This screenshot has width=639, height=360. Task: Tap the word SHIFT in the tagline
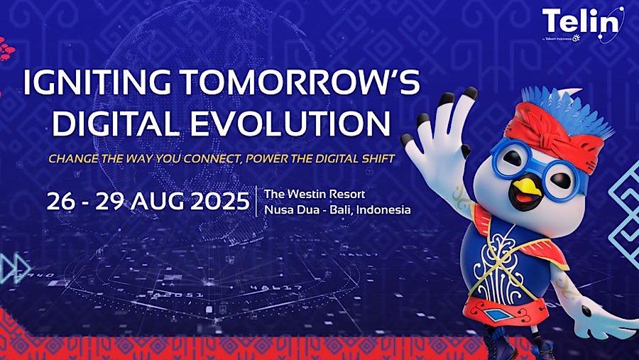click(374, 158)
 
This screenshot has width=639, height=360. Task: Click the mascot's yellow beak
click(525, 187)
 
